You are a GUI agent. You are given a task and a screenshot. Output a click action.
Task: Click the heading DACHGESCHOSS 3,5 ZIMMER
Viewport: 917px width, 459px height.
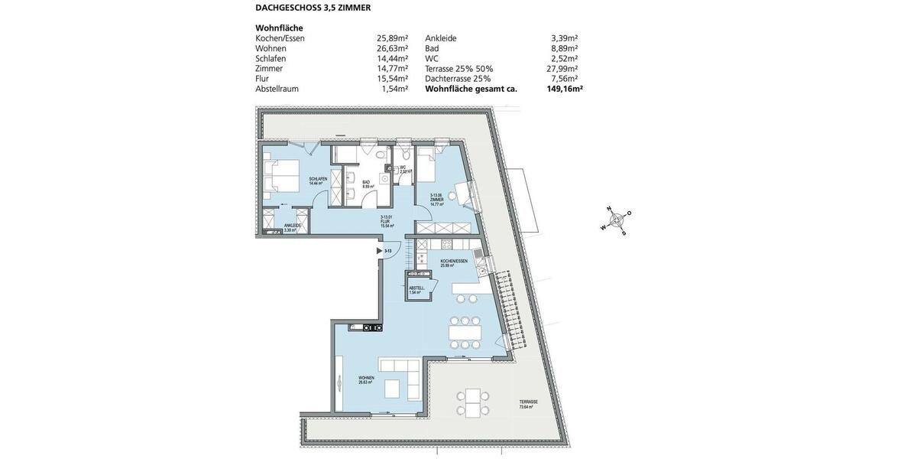(313, 8)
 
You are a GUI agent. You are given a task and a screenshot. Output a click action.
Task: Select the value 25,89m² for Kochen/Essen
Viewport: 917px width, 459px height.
(392, 38)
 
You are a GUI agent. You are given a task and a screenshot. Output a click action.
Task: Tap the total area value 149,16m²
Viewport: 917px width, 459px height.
(564, 89)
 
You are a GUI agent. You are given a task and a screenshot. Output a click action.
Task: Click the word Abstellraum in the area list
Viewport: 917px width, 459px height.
(277, 89)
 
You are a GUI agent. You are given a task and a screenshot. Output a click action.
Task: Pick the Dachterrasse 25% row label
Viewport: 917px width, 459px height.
(458, 79)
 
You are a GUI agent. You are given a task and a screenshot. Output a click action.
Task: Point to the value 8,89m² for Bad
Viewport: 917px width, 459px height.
(564, 48)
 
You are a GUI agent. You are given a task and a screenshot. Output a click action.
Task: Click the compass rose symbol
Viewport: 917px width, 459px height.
(615, 220)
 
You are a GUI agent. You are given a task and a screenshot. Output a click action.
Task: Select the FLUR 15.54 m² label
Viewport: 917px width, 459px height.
(386, 222)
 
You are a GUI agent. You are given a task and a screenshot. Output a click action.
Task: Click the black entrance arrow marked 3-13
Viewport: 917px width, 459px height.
(380, 250)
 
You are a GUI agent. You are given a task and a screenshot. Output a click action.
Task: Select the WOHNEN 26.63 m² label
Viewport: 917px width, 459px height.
(366, 379)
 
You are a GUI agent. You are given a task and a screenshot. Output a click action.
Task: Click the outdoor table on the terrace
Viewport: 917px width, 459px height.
(473, 402)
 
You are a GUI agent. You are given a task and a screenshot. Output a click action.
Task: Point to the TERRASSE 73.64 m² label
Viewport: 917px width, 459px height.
(528, 404)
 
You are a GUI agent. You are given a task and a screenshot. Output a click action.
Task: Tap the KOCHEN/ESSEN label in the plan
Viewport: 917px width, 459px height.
(453, 262)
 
